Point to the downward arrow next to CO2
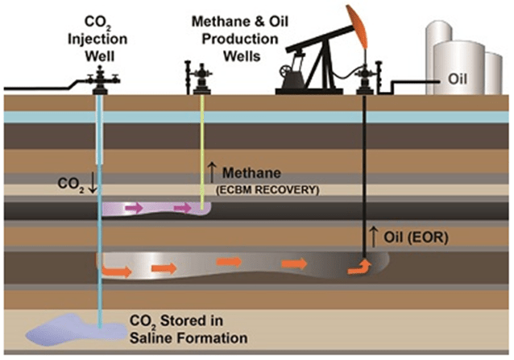point(93,182)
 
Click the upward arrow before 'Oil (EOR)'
point(372,236)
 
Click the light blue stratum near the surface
point(242,116)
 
